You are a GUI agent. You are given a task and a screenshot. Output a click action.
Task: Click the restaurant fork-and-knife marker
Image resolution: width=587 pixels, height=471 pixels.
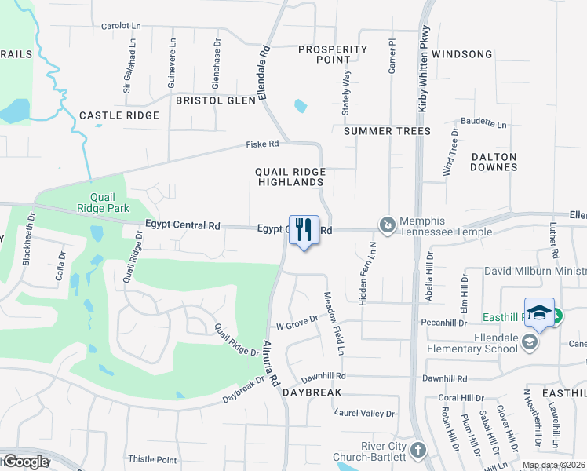(304, 230)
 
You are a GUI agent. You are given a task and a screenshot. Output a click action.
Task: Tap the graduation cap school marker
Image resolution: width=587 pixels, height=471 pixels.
(539, 312)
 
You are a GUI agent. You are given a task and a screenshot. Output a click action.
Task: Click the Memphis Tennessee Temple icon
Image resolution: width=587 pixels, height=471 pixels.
(387, 225)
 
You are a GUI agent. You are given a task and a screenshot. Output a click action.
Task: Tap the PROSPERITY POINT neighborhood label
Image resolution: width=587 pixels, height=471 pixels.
(334, 54)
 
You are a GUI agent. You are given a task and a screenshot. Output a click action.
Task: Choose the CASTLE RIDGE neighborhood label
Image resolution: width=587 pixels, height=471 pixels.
(119, 115)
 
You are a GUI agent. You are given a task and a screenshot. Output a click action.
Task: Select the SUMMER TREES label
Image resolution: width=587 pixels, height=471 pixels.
(388, 131)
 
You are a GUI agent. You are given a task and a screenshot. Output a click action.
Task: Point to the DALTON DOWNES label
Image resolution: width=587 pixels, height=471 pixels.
(494, 162)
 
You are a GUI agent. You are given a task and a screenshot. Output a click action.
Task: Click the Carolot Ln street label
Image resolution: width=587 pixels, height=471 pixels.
(121, 26)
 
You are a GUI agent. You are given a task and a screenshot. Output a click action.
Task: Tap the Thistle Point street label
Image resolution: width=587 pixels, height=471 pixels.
(152, 459)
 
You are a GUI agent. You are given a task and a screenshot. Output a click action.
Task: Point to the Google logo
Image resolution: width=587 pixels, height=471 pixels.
(26, 462)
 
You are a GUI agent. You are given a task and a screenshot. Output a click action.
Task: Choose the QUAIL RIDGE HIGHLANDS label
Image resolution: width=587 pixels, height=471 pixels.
(290, 177)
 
